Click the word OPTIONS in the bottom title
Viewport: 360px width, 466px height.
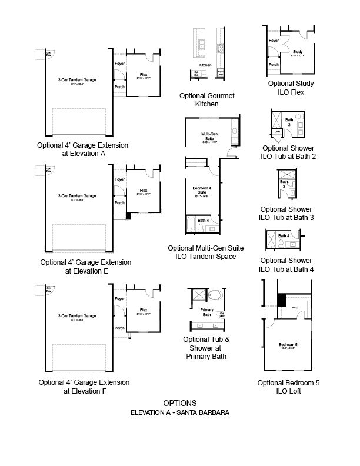pos(180,403)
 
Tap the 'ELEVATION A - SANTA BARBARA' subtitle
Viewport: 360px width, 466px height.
pos(180,412)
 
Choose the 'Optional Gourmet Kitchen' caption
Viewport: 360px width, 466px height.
pos(200,99)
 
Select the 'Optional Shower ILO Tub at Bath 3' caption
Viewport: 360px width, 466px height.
pos(286,213)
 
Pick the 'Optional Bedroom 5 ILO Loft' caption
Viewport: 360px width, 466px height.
pos(288,387)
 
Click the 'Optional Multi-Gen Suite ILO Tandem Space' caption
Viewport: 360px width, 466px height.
pos(206,252)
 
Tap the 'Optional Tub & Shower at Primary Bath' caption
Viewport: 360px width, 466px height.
pos(206,348)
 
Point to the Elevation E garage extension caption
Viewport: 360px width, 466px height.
pos(86,267)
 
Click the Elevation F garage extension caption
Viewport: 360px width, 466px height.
pos(84,386)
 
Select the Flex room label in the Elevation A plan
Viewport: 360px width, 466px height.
pos(143,75)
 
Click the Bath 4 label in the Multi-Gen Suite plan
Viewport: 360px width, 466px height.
pos(202,221)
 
